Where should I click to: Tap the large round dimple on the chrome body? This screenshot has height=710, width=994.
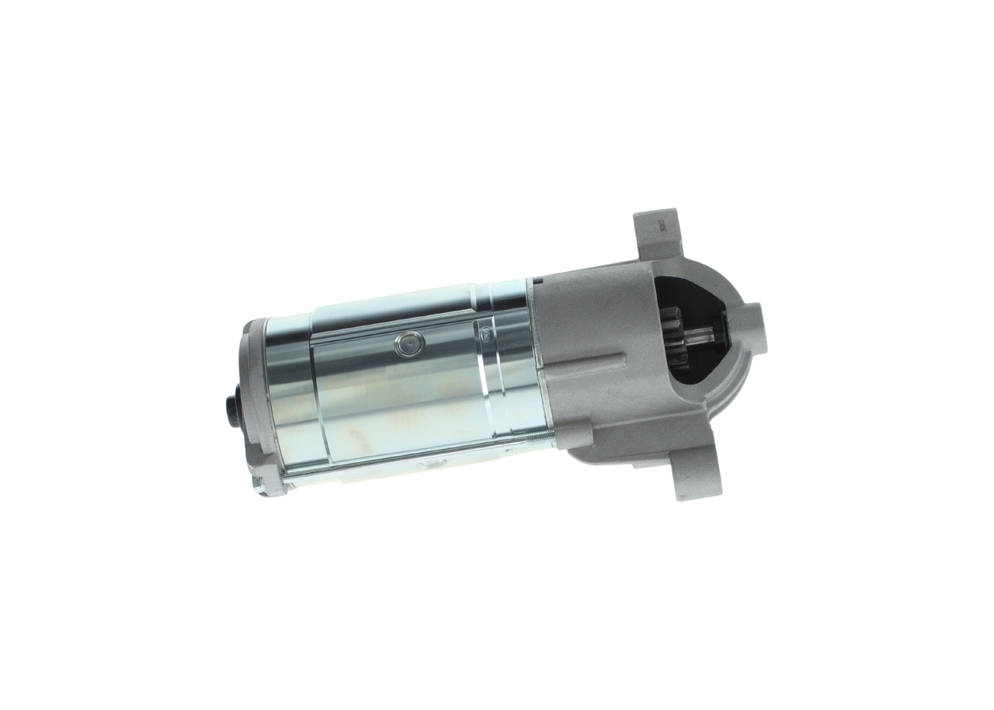pyautogui.click(x=409, y=343)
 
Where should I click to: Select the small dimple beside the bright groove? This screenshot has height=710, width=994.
pyautogui.click(x=485, y=334)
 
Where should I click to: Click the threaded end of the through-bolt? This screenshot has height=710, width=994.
pyautogui.click(x=540, y=440)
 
